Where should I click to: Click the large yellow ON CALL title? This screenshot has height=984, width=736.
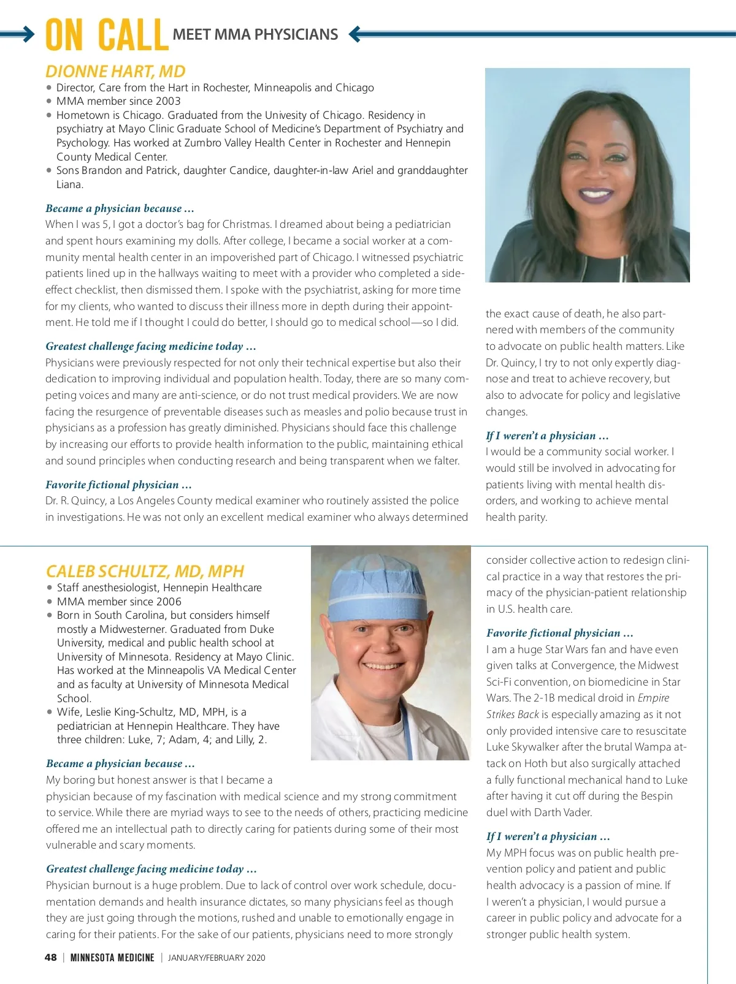click(107, 36)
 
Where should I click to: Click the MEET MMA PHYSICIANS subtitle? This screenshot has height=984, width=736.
click(255, 35)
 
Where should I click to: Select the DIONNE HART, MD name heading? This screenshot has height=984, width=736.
click(115, 71)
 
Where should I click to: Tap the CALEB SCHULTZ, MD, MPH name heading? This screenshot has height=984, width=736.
click(145, 571)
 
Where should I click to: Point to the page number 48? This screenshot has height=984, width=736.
click(51, 957)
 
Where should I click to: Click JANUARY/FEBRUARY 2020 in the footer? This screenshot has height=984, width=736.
click(217, 958)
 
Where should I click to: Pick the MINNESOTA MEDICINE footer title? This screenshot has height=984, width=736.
click(112, 958)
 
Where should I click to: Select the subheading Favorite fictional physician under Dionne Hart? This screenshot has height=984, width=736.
click(118, 485)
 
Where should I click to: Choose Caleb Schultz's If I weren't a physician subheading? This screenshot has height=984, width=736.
click(548, 836)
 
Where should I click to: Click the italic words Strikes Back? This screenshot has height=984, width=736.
click(513, 714)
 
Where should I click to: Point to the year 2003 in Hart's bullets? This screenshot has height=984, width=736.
click(168, 101)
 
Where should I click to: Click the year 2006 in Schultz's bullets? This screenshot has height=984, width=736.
click(169, 602)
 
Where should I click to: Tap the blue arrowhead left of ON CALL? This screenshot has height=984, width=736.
click(29, 34)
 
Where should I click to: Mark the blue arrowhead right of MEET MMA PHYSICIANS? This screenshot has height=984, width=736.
click(355, 34)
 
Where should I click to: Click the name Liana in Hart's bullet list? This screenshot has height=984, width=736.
click(69, 184)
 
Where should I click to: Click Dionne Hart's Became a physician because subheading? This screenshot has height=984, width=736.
click(120, 208)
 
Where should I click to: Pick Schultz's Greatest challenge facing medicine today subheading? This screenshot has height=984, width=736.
click(151, 869)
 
